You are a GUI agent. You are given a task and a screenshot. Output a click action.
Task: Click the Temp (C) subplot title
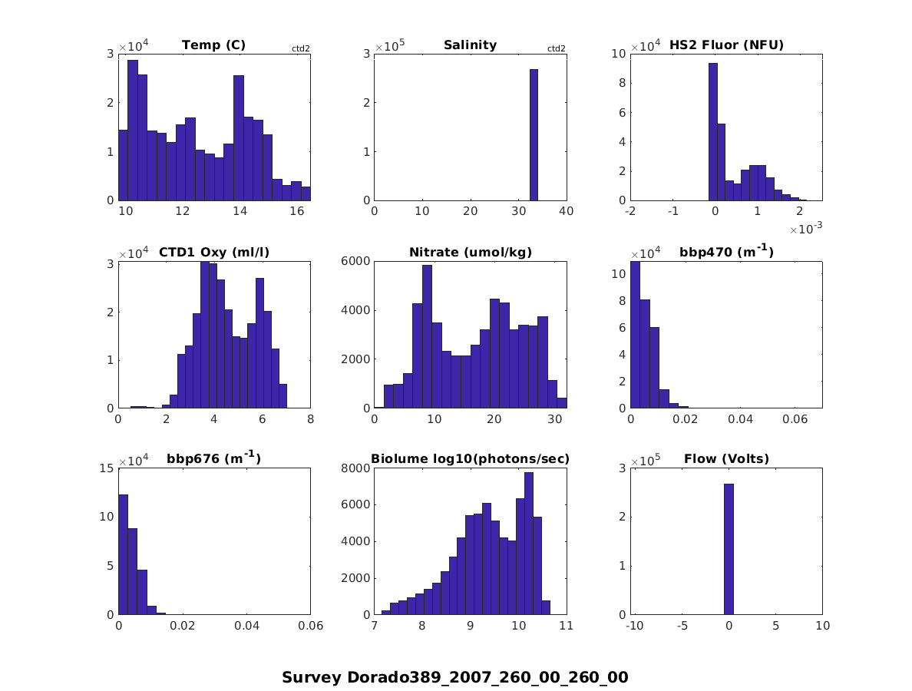[x=213, y=45]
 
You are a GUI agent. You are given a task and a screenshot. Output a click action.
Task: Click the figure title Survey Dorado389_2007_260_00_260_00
[x=455, y=677]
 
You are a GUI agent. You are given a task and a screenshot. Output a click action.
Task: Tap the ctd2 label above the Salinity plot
[x=557, y=49]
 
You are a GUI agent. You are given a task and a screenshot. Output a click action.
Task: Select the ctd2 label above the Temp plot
[x=301, y=49]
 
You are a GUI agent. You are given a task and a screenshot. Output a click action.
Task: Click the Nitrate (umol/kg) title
[x=471, y=252]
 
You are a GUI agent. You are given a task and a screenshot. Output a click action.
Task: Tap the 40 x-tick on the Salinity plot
[x=567, y=211]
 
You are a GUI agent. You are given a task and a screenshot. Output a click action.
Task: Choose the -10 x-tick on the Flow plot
[x=634, y=626]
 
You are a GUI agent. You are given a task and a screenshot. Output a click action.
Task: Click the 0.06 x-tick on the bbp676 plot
[x=310, y=626]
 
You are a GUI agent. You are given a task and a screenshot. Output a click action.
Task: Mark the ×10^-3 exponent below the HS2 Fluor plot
[x=804, y=229]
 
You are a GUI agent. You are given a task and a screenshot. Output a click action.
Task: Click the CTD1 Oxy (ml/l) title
[x=213, y=252]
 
